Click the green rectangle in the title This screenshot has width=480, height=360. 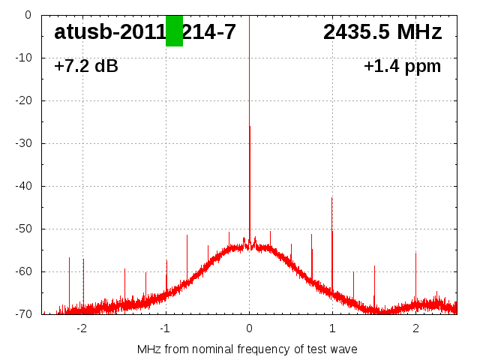[174, 31]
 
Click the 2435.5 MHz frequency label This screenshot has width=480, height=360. [382, 32]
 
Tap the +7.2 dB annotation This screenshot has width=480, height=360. [86, 67]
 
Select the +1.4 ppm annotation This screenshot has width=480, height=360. [402, 67]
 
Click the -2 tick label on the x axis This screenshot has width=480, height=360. [82, 328]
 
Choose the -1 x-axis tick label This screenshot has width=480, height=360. [165, 328]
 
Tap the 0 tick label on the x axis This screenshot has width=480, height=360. [249, 328]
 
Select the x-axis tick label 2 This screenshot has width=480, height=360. [415, 328]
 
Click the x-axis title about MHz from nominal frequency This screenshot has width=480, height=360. [247, 349]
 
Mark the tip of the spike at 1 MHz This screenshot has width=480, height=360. [332, 198]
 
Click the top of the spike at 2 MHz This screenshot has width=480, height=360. [415, 253]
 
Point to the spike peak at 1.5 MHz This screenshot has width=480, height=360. [374, 265]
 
